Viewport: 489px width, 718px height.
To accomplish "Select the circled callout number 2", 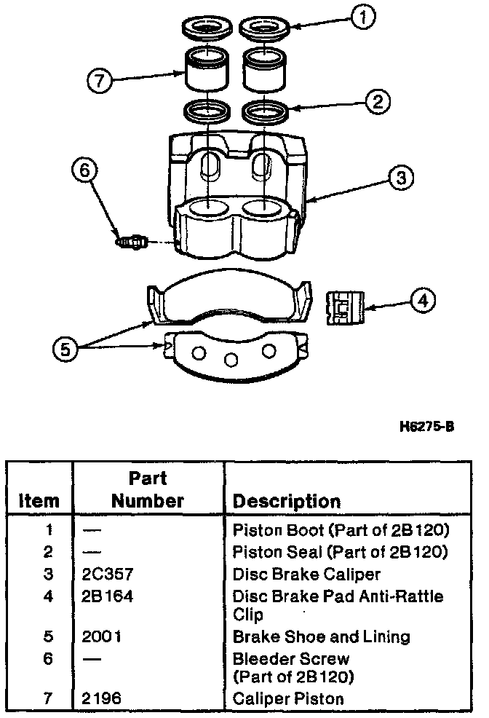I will coord(376,101).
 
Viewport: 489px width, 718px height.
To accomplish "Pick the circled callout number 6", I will coord(84,170).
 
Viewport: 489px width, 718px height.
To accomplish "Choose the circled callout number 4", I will coord(422,300).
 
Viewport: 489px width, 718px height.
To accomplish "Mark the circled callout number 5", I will coord(65,350).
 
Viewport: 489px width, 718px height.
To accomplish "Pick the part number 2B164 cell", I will coord(108,596).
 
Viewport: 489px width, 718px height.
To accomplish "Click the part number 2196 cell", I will coord(103,699).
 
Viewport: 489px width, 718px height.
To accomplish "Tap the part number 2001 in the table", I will coord(103,636).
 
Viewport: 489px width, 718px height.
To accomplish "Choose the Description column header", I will coord(286,502).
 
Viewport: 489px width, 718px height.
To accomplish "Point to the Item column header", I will coord(39,502).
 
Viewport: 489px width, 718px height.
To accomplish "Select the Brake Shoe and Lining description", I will coord(321,636).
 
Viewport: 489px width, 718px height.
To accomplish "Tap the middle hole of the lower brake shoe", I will coord(231,359).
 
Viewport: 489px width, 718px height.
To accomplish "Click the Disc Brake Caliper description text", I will coord(306,575).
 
